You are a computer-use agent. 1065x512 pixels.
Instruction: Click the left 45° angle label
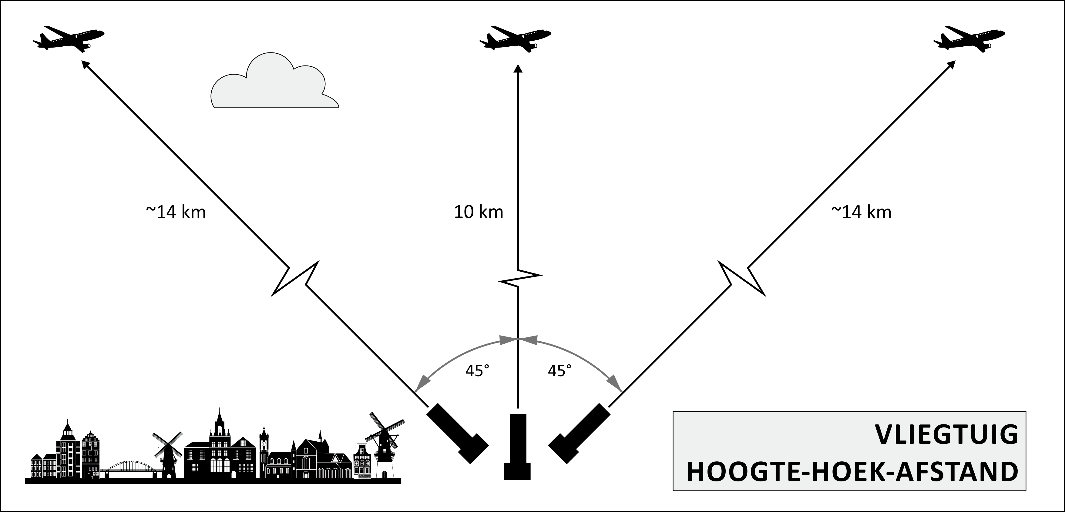pyautogui.click(x=477, y=371)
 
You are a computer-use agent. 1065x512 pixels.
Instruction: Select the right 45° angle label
pyautogui.click(x=559, y=371)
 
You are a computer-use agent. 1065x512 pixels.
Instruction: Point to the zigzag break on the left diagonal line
pyautogui.click(x=295, y=279)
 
